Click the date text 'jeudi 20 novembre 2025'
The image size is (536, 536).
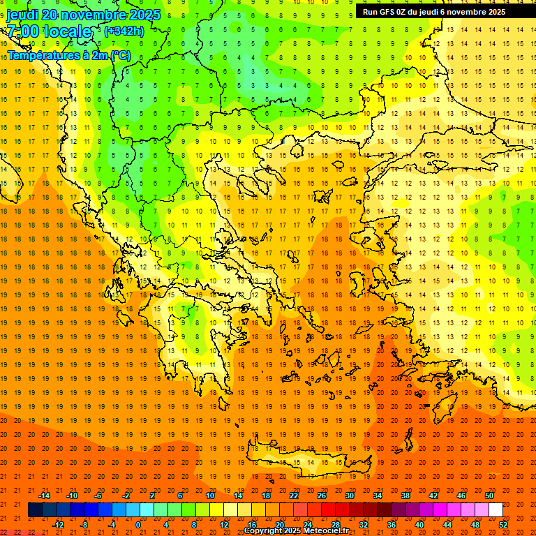pos(83,15)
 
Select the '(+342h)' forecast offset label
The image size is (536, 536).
pos(124,31)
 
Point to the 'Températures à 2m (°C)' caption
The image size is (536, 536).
pos(68,55)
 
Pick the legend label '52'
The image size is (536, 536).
pos(503,525)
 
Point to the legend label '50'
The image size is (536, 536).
pos(489,496)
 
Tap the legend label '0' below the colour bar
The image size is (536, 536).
pos(138,525)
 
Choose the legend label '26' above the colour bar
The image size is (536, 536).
pos(322,496)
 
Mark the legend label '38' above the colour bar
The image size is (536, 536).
pos(405,496)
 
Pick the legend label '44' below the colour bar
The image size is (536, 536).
pos(447,525)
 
